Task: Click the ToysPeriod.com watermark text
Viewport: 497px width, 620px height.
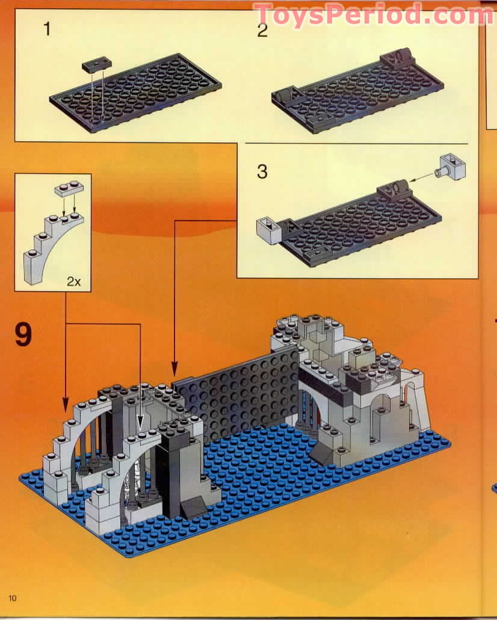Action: point(372,14)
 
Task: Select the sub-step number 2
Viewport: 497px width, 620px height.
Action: point(262,30)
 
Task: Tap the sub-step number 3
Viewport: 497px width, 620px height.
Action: point(262,171)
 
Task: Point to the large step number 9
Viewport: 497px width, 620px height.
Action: point(23,334)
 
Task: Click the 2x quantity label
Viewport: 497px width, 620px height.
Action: point(73,281)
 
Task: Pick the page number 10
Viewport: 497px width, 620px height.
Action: point(13,597)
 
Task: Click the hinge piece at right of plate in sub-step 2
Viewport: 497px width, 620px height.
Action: point(396,59)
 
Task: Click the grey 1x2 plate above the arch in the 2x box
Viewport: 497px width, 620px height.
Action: point(67,188)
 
